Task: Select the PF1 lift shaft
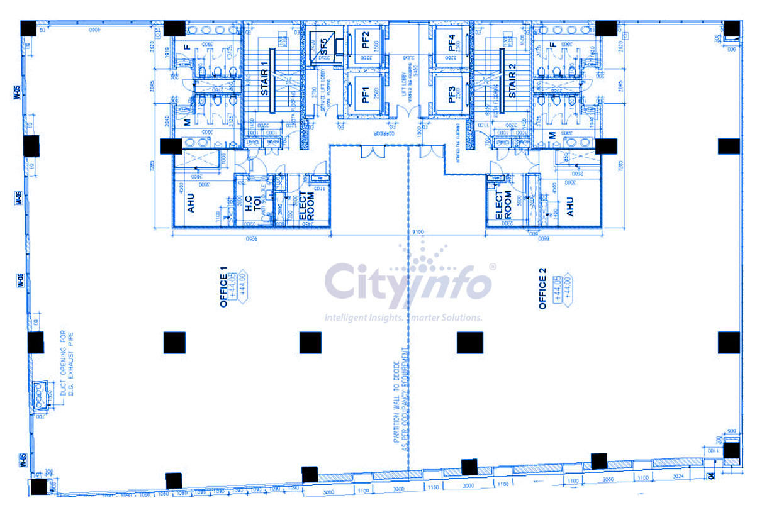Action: tap(365, 95)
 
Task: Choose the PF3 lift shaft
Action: tap(451, 94)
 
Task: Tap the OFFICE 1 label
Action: tap(223, 287)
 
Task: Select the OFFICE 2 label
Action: tap(543, 289)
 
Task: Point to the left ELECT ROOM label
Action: tap(306, 205)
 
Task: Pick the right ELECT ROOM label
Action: tap(504, 205)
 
